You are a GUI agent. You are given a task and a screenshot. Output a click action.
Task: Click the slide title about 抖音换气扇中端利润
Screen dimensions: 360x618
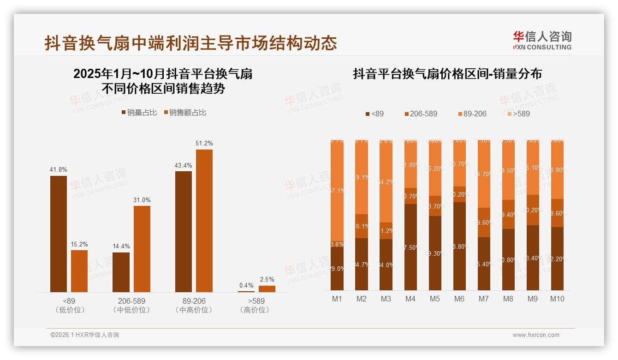click(190, 43)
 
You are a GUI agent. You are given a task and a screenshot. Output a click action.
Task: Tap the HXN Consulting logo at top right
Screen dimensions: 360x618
click(542, 41)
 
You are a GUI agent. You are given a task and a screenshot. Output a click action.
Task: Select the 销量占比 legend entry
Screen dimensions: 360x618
click(139, 113)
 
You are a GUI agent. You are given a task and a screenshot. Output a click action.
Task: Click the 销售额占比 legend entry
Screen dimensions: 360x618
click(185, 113)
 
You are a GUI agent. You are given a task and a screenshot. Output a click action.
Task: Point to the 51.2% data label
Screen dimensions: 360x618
click(204, 144)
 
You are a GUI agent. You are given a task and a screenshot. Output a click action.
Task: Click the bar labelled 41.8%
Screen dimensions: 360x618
click(59, 234)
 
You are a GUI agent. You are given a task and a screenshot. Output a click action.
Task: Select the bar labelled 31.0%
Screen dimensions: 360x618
click(142, 249)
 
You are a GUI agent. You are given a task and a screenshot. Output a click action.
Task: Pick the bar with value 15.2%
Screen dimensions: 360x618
click(79, 271)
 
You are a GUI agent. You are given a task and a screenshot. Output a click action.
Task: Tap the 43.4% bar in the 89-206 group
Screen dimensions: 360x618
click(184, 231)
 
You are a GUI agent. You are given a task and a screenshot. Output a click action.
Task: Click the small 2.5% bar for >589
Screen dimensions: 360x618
click(267, 288)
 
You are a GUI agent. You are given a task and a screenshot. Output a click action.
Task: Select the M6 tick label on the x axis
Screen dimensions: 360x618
click(459, 299)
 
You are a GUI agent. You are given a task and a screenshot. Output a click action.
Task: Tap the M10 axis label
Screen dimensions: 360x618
click(557, 299)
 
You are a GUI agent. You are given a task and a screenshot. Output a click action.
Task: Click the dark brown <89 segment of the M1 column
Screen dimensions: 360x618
click(337, 269)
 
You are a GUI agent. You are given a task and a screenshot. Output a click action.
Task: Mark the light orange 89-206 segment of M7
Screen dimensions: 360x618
click(484, 174)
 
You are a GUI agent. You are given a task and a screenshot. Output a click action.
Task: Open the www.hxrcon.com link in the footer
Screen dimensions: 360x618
click(536, 335)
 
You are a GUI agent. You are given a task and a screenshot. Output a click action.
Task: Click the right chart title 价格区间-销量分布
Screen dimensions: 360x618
click(447, 74)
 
